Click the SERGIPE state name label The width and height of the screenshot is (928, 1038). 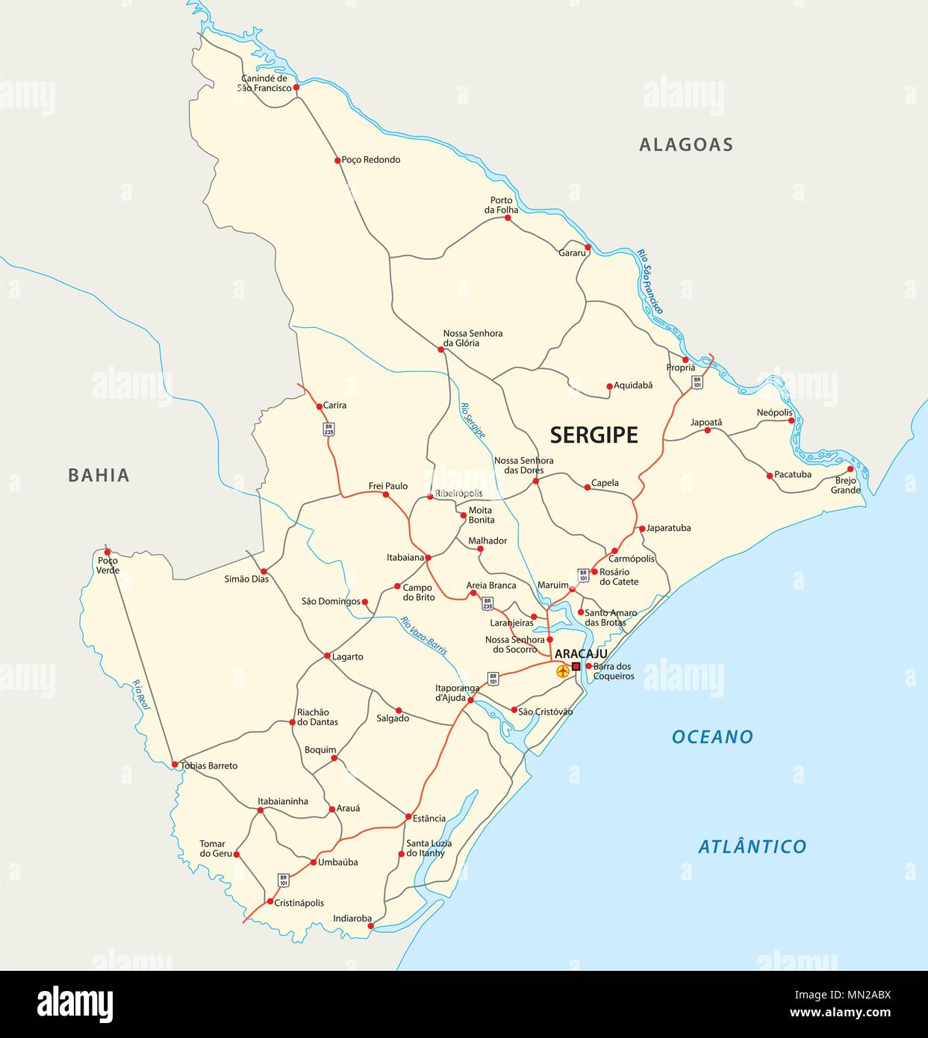pos(594,435)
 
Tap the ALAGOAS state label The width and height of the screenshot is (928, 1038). pos(685,145)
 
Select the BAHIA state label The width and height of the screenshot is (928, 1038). pos(99,475)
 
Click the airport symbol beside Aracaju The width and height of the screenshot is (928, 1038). pos(563,671)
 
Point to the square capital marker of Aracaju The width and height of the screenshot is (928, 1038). pos(576,666)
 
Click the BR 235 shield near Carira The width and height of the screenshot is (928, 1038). pos(328,429)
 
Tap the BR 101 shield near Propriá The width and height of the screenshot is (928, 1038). pos(697,382)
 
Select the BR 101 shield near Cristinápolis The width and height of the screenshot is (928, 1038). pos(283,880)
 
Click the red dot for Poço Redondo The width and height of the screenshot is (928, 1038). pos(337,160)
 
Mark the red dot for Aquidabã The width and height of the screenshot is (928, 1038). pos(609,386)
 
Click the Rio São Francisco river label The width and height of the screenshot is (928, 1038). pos(650,282)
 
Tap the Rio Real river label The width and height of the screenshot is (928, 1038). pos(141,694)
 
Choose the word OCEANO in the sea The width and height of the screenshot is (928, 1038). pos(712,737)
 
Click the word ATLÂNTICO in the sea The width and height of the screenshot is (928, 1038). pos(752,847)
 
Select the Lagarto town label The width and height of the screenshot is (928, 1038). pos(348,657)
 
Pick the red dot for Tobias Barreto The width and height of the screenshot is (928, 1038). pos(175,765)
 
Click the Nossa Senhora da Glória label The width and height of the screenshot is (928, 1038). pos(473,338)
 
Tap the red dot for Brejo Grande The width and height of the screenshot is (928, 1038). pos(850,469)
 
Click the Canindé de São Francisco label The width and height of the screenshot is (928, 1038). pos(264,83)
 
